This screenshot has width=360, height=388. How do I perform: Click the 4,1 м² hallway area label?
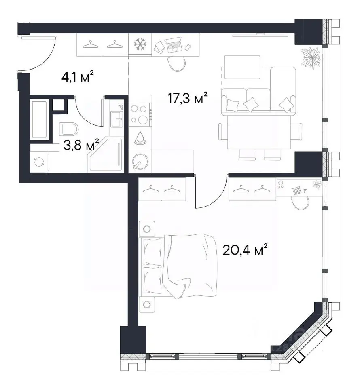(78, 77)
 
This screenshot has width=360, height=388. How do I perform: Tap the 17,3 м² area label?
(187, 98)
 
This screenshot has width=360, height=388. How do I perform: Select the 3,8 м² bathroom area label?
(81, 145)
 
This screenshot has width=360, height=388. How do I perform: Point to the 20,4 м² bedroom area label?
(245, 250)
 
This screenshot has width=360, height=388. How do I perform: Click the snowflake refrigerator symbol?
(140, 44)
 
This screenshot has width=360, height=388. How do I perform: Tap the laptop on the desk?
(173, 44)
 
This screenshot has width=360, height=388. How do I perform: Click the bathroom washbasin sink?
(116, 119)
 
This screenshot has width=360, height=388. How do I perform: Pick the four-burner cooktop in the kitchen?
(140, 114)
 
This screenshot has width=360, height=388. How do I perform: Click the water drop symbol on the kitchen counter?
(140, 138)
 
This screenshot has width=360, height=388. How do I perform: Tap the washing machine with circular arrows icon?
(39, 162)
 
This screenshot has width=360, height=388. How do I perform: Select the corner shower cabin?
(105, 154)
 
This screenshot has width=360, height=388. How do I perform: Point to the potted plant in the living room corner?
(310, 58)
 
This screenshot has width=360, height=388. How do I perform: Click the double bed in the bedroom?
(178, 266)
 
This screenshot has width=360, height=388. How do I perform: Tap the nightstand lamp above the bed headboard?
(147, 229)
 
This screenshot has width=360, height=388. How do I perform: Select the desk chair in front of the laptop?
(176, 63)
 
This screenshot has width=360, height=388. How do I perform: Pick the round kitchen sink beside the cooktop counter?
(140, 161)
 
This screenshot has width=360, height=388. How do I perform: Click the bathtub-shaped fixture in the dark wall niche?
(39, 120)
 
